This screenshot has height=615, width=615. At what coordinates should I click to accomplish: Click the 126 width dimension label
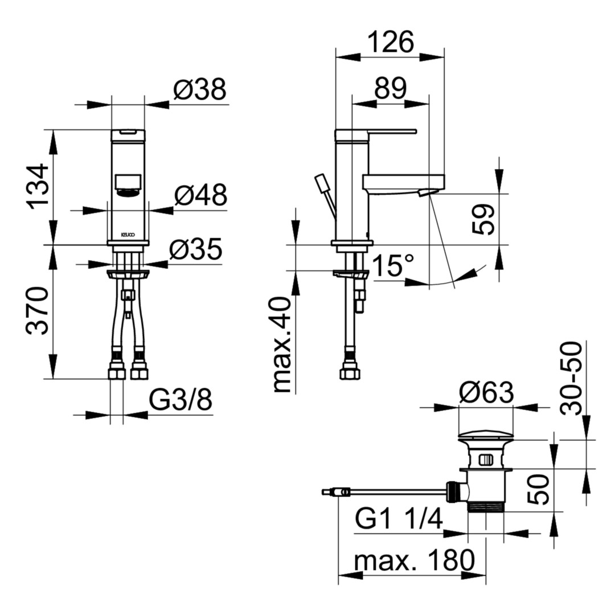391,42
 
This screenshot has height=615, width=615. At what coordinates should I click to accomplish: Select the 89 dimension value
390,88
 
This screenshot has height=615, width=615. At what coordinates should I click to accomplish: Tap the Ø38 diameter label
200,89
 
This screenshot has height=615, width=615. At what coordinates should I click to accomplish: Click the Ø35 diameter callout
196,249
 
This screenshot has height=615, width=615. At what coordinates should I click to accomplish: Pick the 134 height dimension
38,187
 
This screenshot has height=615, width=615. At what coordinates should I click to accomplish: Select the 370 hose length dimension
38,311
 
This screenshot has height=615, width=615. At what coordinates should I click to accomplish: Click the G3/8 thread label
181,400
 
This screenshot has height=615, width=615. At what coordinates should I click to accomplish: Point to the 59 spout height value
483,220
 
